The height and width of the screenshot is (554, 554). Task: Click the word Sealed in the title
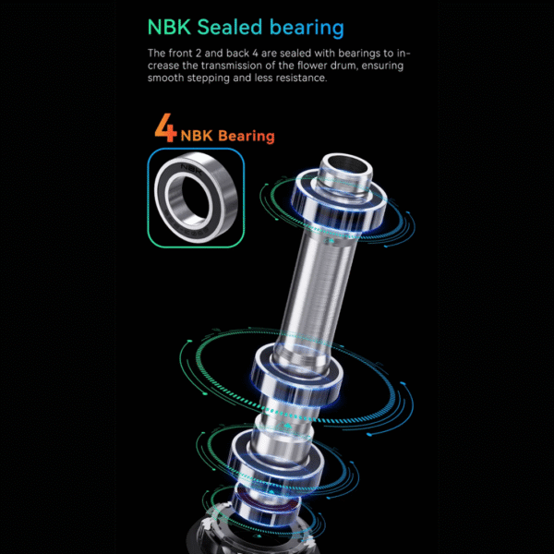[x=230, y=27]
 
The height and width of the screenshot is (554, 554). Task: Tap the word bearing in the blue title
[x=307, y=29]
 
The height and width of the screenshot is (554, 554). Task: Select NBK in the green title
[x=169, y=27]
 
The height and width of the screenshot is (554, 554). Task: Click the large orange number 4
[x=165, y=127]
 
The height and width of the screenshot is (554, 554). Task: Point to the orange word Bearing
[x=247, y=137]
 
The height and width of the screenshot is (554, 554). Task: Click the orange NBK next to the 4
[x=197, y=136]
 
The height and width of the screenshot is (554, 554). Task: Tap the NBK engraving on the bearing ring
[x=191, y=169]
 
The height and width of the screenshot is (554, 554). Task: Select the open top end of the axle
[x=346, y=166]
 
